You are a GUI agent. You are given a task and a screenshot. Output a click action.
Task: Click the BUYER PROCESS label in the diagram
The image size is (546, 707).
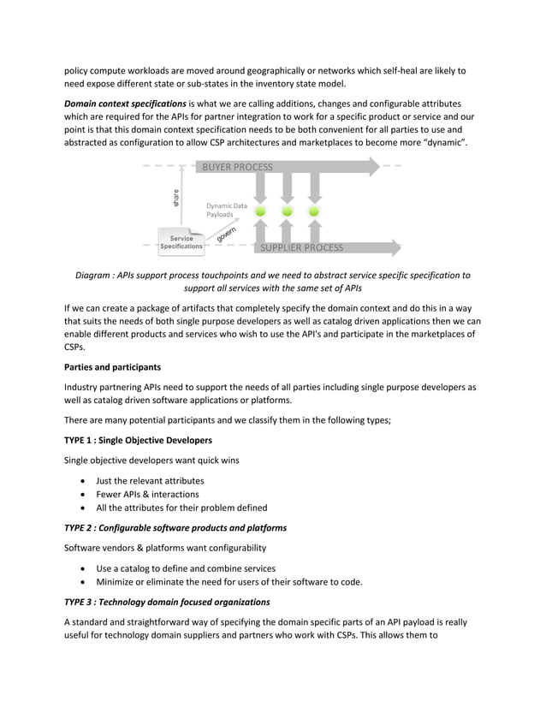click(x=237, y=167)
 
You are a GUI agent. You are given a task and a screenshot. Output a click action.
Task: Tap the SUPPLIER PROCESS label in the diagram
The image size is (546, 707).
click(x=301, y=248)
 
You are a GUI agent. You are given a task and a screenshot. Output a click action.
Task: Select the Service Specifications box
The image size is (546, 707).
click(x=181, y=242)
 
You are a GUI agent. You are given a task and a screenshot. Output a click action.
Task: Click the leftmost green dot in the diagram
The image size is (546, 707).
click(x=260, y=211)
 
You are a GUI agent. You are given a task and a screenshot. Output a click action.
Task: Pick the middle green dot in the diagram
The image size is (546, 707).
click(x=288, y=211)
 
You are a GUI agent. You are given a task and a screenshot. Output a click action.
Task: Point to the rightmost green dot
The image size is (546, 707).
click(x=314, y=211)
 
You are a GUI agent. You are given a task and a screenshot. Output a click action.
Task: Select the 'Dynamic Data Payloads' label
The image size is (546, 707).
click(x=227, y=211)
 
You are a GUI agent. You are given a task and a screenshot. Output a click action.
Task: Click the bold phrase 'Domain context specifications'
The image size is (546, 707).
click(x=124, y=103)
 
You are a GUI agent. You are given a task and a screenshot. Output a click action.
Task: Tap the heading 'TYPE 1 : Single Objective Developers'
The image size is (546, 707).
click(x=138, y=440)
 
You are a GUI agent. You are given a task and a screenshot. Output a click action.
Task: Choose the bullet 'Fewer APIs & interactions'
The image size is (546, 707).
click(x=147, y=494)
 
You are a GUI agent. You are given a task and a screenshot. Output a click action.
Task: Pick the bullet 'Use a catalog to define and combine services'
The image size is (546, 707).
click(x=186, y=568)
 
